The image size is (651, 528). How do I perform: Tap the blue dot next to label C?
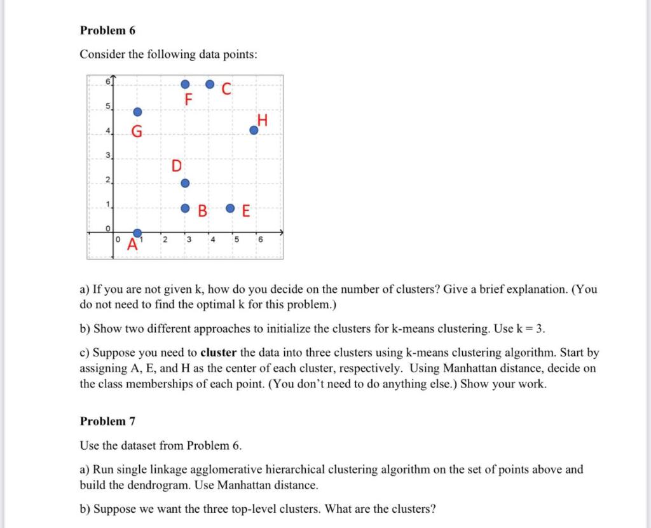(x=210, y=84)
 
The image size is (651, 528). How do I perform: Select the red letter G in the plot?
(x=137, y=132)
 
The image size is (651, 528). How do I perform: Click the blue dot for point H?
(x=254, y=130)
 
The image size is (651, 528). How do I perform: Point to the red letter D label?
(x=176, y=166)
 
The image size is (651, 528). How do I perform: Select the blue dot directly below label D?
(x=185, y=184)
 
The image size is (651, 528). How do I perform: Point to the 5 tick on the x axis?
(x=236, y=240)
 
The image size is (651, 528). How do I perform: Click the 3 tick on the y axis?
(x=108, y=156)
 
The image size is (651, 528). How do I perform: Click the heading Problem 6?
(x=107, y=30)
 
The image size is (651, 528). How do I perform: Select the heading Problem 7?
(x=107, y=421)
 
